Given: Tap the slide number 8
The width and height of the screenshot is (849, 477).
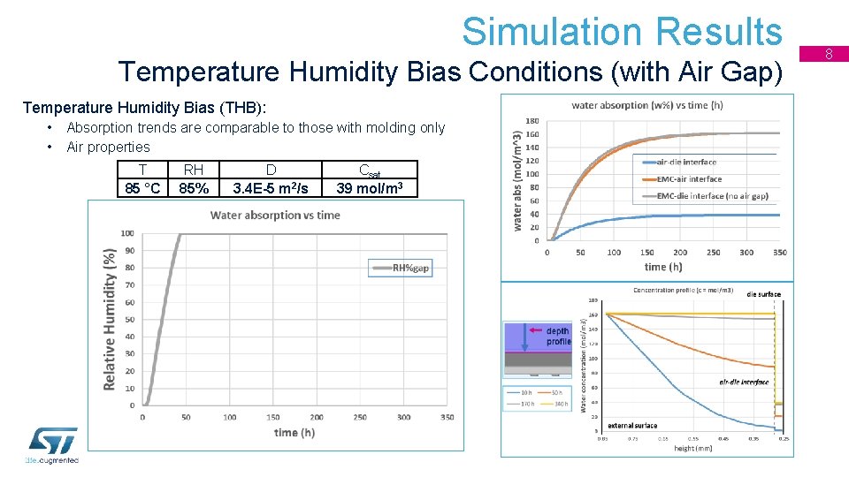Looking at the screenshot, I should [x=830, y=55].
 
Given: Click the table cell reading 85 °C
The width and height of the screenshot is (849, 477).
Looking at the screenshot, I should [x=143, y=188].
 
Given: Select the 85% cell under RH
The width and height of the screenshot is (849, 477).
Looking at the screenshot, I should [x=194, y=188].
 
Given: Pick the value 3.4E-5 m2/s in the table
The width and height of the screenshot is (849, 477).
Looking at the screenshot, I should [x=271, y=188].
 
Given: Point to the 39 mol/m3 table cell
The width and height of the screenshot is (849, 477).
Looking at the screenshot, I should [x=371, y=188].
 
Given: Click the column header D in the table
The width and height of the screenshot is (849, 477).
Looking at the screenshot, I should [x=271, y=170].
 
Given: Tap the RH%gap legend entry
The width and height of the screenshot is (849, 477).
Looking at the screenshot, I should [x=401, y=268].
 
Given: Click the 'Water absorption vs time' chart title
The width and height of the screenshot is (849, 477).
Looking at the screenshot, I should [x=275, y=215].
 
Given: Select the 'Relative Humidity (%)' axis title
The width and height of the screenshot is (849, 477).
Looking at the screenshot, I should [x=110, y=318].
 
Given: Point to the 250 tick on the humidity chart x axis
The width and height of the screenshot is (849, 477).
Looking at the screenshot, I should [x=360, y=417].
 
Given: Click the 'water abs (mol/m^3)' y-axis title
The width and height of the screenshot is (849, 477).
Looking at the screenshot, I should [x=517, y=180].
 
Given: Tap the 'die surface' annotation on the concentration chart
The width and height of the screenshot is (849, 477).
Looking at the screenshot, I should [x=763, y=294].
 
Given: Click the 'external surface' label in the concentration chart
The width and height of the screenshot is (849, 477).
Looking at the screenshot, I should [x=632, y=426].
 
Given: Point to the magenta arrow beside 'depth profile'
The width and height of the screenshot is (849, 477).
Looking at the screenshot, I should [x=535, y=329].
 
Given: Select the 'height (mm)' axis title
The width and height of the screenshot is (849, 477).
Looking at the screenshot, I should [x=692, y=449].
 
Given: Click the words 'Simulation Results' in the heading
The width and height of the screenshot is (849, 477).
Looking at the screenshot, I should [x=622, y=32].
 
